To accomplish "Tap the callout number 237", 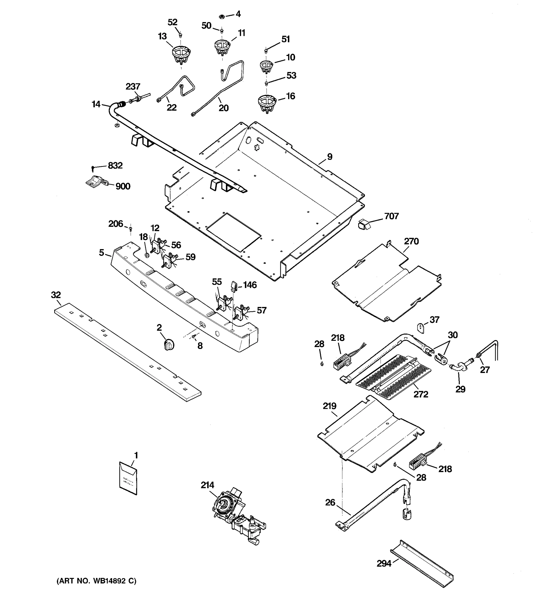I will coord(133,87).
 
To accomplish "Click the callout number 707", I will coord(391,216).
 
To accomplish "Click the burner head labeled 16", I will coord(267,104).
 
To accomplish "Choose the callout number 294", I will coord(384,563).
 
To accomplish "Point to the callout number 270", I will coord(411,241).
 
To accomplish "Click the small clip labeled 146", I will coord(234,286).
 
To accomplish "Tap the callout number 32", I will coord(56,295).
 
